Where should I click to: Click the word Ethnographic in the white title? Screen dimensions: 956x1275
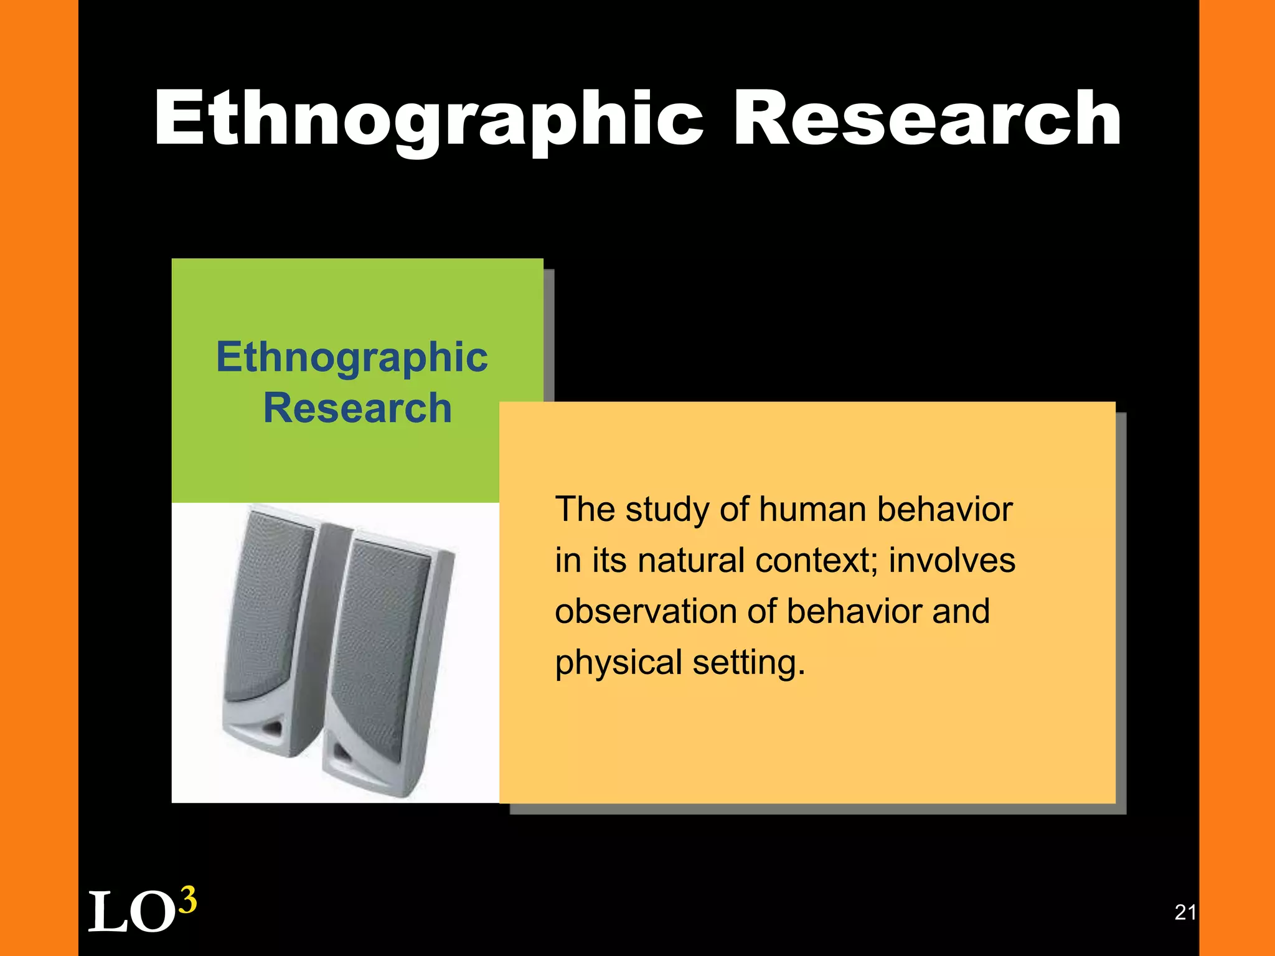point(428,119)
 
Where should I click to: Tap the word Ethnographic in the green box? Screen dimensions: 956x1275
point(352,358)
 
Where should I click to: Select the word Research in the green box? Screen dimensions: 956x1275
point(357,408)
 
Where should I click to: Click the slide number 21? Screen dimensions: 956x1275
point(1185,912)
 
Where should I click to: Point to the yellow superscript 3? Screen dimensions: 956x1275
point(187,900)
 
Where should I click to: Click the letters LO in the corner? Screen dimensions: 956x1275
point(131,912)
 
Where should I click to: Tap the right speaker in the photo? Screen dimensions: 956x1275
point(386,660)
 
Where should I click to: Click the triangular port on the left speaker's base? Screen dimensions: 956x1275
point(273,727)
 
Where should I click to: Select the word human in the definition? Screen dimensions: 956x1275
point(812,510)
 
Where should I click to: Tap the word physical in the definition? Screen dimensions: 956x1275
point(619,663)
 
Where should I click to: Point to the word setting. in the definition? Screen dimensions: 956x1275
point(749,663)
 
